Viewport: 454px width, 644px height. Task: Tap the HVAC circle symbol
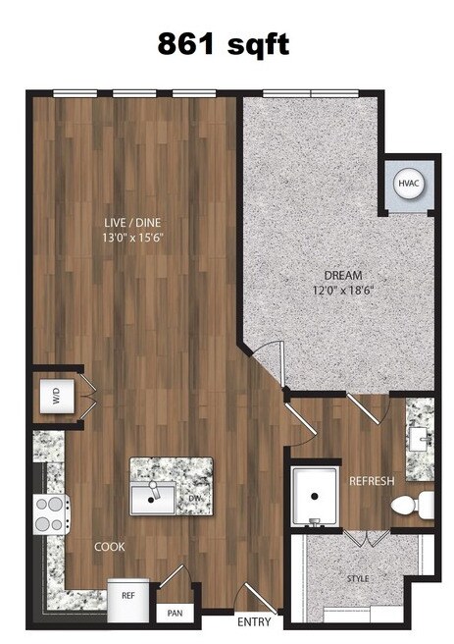pyautogui.click(x=408, y=184)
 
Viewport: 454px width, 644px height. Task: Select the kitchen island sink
pyautogui.click(x=152, y=498)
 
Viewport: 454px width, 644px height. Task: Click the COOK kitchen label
pyautogui.click(x=109, y=547)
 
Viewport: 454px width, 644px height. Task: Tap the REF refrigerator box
pyautogui.click(x=128, y=595)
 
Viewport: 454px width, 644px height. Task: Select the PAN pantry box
pyautogui.click(x=175, y=613)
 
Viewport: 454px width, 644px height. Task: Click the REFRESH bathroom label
pyautogui.click(x=372, y=481)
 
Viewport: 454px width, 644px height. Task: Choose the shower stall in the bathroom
pyautogui.click(x=315, y=499)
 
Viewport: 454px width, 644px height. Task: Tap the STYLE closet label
pyautogui.click(x=358, y=579)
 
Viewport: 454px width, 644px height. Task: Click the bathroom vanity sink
pyautogui.click(x=420, y=439)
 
